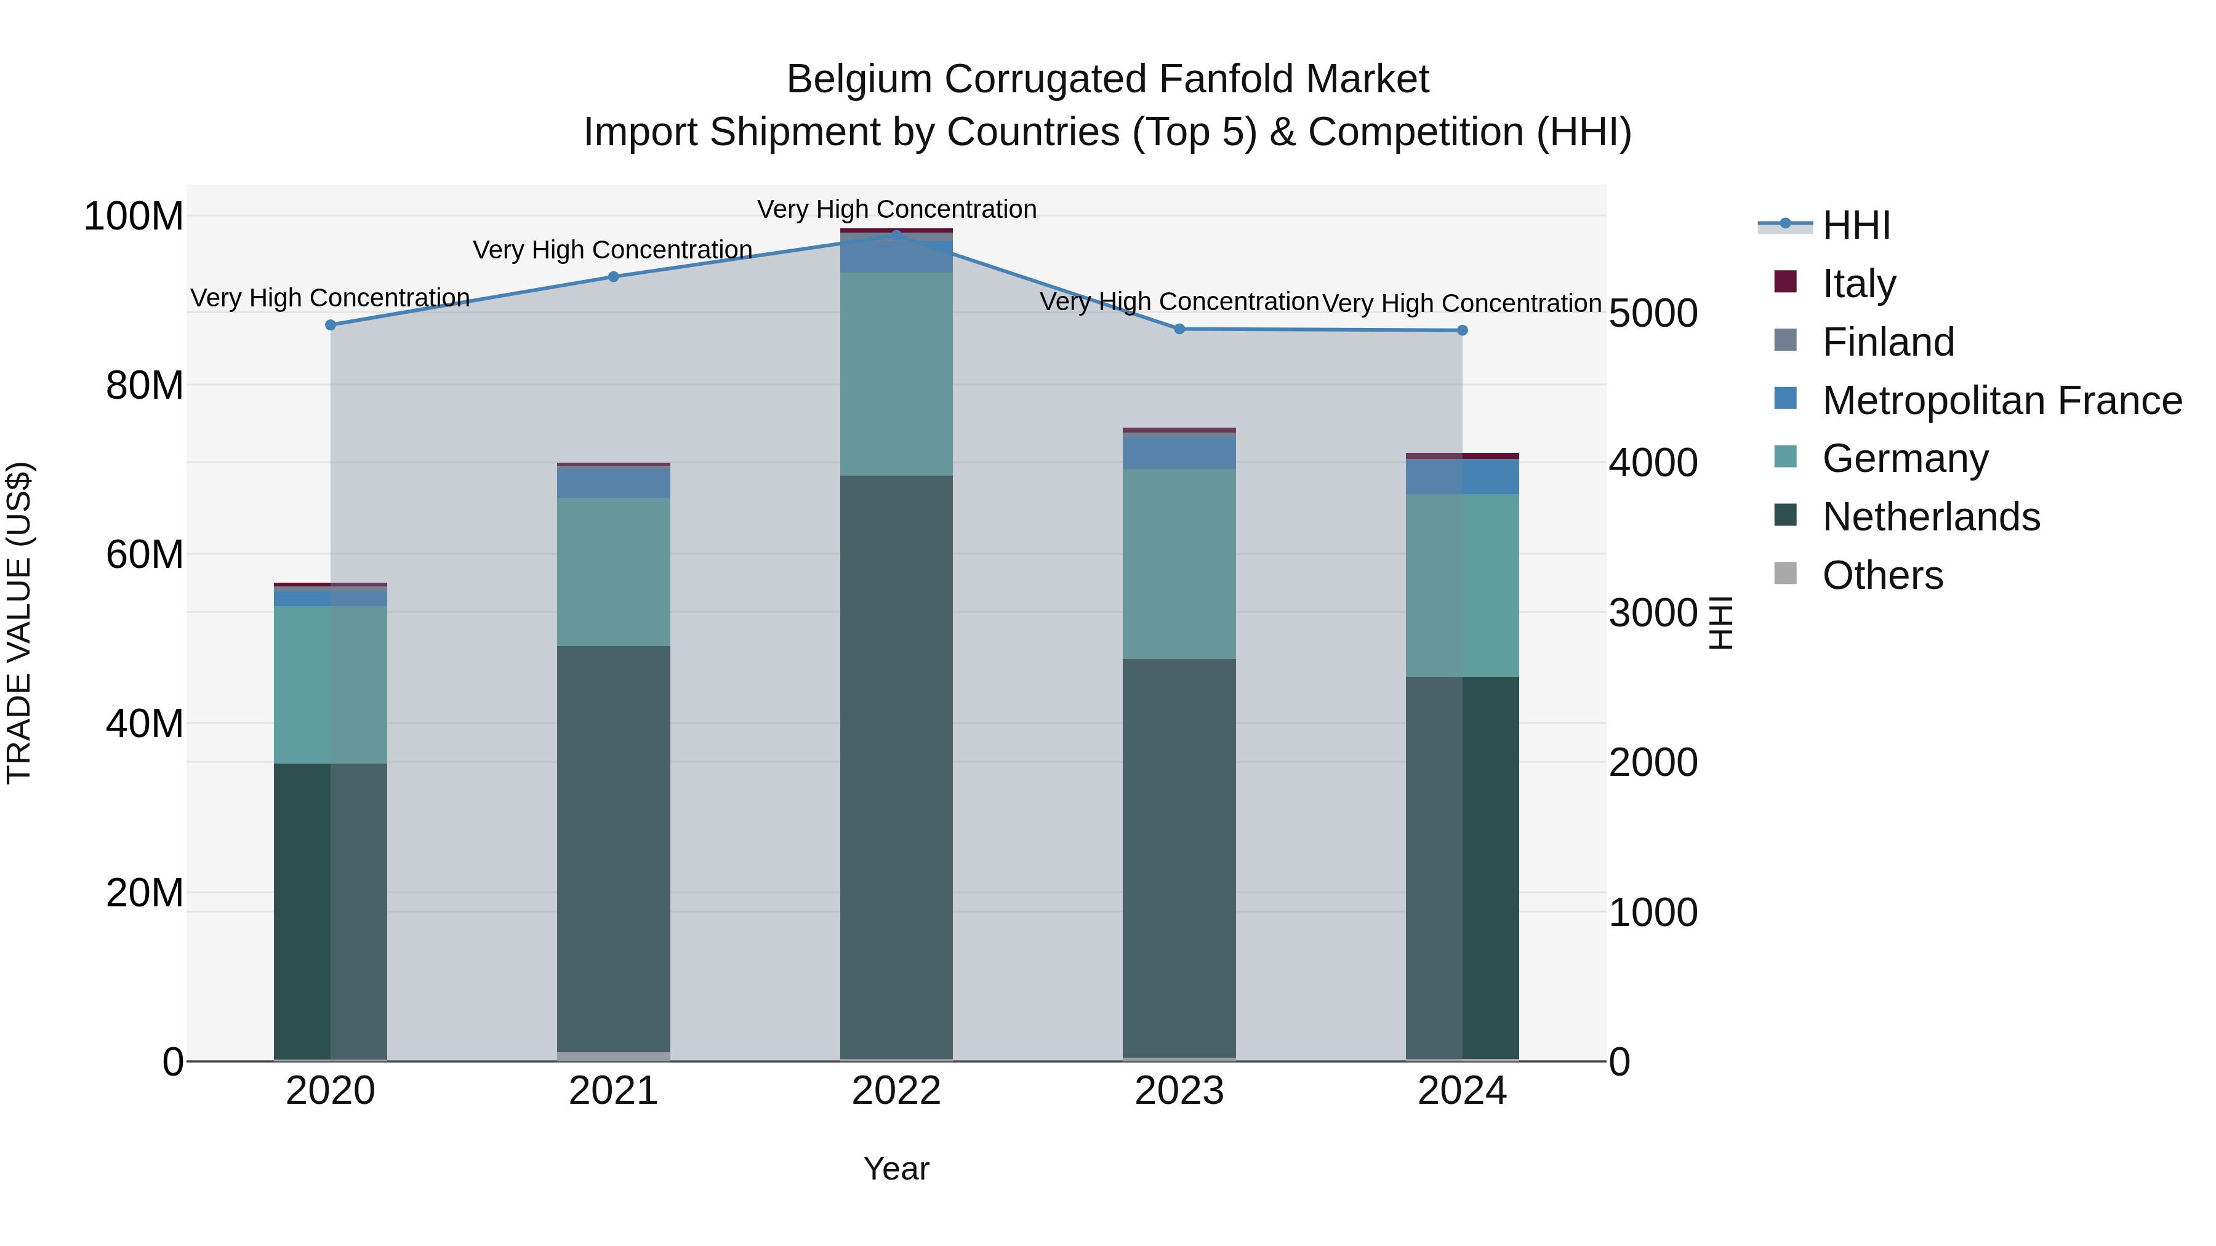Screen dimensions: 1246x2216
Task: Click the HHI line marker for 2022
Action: pyautogui.click(x=896, y=234)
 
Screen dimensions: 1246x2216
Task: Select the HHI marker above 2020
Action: pyautogui.click(x=331, y=325)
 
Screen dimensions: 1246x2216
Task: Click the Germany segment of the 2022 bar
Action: pyautogui.click(x=896, y=374)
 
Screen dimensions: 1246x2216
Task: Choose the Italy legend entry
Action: pyautogui.click(x=1858, y=284)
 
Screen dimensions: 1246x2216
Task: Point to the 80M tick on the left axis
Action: pyautogui.click(x=145, y=385)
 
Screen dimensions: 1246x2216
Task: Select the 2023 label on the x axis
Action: pyautogui.click(x=1179, y=1091)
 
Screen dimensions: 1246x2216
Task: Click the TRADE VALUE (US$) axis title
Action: pyautogui.click(x=19, y=623)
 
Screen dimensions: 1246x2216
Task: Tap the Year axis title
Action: pyautogui.click(x=896, y=1168)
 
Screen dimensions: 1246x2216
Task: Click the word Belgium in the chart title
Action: pyautogui.click(x=859, y=79)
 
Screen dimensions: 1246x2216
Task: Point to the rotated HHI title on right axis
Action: pyautogui.click(x=1720, y=623)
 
